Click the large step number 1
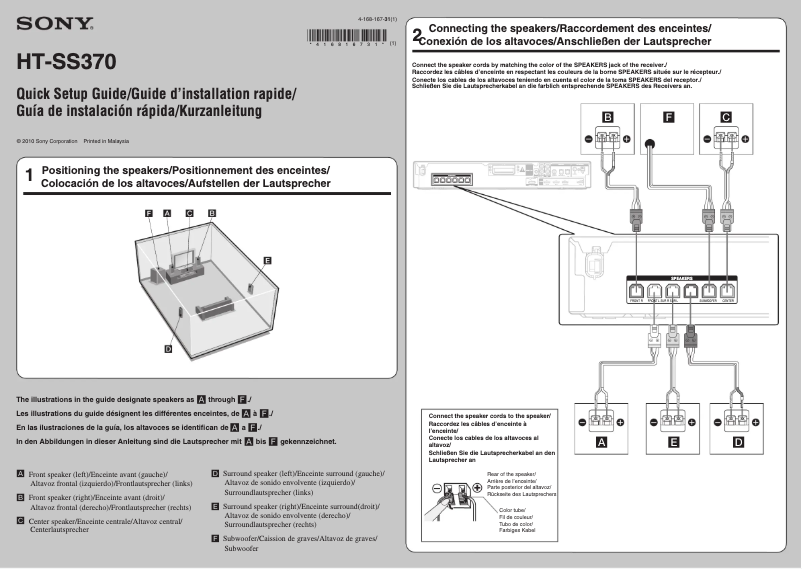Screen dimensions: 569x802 (29, 176)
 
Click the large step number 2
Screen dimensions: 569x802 (417, 36)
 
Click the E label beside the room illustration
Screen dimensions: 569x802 (267, 260)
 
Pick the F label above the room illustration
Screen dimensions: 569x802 (148, 214)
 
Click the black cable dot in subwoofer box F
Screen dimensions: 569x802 (650, 145)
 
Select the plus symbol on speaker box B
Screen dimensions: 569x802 (627, 140)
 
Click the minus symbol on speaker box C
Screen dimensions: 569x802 (706, 140)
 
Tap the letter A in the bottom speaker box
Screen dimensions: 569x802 (601, 441)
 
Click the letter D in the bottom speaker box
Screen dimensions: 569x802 (738, 441)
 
